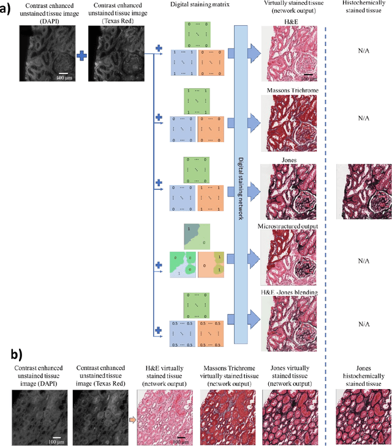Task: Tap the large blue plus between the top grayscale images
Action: (81, 56)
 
